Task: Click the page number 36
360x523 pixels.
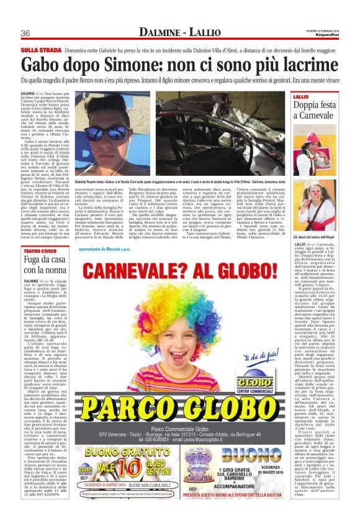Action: (x=25, y=33)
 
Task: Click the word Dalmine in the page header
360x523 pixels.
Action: (x=163, y=32)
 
